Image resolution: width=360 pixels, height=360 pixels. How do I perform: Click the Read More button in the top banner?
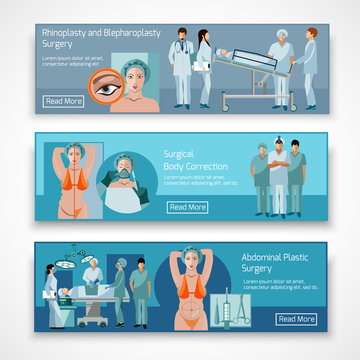tap(65, 101)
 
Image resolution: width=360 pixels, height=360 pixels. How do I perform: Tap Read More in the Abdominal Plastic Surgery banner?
tap(297, 319)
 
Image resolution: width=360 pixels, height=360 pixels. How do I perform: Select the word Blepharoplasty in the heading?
tap(131, 32)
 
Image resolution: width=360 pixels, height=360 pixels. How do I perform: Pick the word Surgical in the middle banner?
tap(181, 154)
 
